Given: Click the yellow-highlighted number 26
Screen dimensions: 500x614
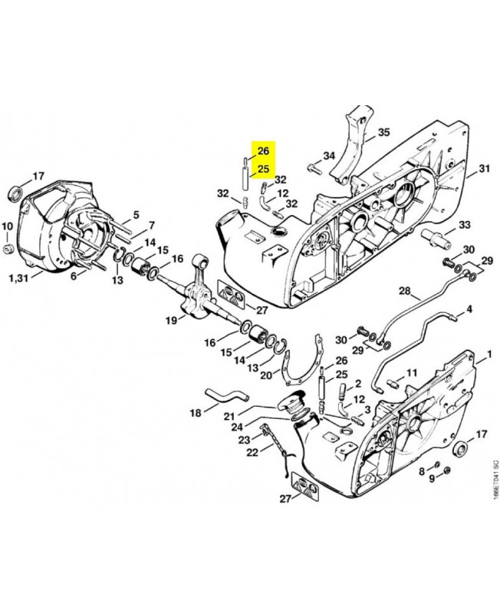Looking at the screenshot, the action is (x=263, y=150).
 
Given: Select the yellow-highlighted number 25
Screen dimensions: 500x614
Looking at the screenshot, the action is (x=263, y=169).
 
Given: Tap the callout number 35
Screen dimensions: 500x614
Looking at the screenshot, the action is (x=383, y=132).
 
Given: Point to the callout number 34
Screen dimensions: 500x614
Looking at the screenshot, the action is (x=329, y=157).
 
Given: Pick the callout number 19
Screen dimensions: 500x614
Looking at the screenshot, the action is (x=171, y=321).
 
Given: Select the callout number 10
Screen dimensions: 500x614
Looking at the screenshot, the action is (x=8, y=226).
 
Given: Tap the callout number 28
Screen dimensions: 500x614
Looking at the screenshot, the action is (x=405, y=292).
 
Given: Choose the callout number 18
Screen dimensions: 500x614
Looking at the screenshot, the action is (x=196, y=413).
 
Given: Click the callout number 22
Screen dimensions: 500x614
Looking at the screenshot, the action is (x=253, y=452).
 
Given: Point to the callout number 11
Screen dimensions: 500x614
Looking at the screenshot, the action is (x=411, y=372).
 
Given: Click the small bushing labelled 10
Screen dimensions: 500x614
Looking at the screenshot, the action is (x=8, y=248).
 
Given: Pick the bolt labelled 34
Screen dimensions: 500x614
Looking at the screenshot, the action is (x=314, y=169).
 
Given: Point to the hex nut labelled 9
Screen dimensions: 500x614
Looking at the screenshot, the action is (x=448, y=470).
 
